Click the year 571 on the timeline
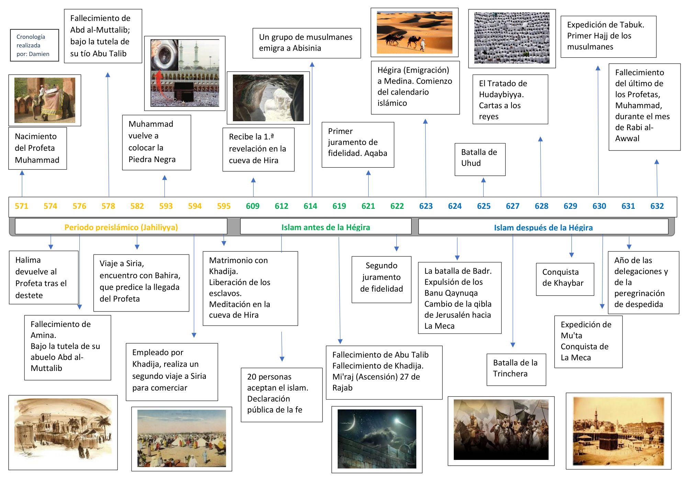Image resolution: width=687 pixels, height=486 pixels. (21, 206)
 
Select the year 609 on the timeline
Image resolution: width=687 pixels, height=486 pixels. (252, 206)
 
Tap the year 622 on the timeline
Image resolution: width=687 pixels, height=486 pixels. (397, 206)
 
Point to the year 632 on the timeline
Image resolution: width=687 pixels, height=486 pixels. (657, 206)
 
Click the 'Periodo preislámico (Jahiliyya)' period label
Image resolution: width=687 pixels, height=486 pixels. (121, 227)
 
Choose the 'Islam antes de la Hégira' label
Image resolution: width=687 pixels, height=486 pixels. (326, 227)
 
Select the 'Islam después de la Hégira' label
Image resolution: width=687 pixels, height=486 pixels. (543, 227)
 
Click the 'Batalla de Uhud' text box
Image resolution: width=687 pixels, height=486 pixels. (480, 159)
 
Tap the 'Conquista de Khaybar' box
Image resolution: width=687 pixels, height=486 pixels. (565, 279)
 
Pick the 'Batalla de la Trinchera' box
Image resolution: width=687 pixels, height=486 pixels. (516, 370)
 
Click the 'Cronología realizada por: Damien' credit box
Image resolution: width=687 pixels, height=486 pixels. (34, 45)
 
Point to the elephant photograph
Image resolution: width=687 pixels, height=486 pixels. (45, 100)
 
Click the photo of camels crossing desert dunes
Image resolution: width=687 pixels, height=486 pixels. (415, 32)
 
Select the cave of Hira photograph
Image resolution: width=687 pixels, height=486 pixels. (268, 98)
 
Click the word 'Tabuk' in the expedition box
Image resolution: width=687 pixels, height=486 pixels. (631, 25)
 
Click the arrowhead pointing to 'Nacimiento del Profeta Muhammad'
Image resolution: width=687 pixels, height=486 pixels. (22, 173)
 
